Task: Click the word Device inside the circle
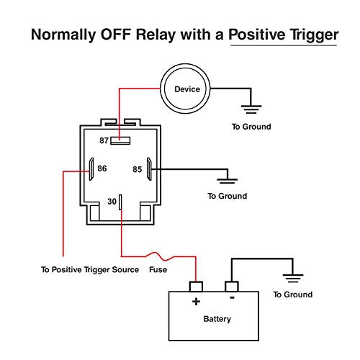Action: (x=187, y=89)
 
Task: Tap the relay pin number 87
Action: (x=104, y=140)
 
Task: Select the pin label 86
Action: (x=102, y=168)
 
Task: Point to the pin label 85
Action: (x=138, y=169)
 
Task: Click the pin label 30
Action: (x=112, y=202)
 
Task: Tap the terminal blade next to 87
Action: (x=120, y=140)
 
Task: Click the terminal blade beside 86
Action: (x=91, y=169)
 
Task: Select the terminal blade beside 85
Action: (x=149, y=169)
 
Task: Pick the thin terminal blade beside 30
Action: (x=120, y=202)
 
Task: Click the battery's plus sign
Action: (x=196, y=302)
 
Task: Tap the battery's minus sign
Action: (x=232, y=298)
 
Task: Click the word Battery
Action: (x=217, y=319)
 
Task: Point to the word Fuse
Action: (x=158, y=269)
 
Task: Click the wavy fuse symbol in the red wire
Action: (x=160, y=256)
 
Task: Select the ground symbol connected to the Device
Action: (x=251, y=109)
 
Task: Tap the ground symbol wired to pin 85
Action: (x=227, y=181)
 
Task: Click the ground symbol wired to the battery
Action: (x=293, y=279)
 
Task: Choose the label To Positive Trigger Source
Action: (x=90, y=270)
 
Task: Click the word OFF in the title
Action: (x=115, y=35)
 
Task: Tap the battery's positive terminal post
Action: (x=196, y=287)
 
